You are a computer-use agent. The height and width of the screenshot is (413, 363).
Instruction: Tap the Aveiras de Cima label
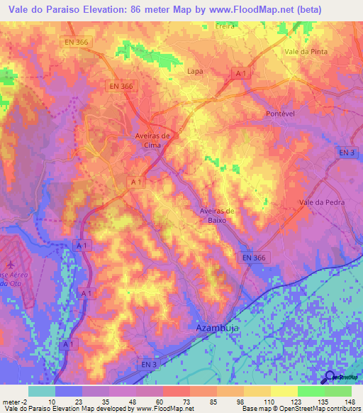[152, 140]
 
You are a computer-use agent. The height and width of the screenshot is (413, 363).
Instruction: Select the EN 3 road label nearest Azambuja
[148, 364]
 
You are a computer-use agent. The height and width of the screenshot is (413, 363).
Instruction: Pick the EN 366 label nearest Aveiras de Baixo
[252, 258]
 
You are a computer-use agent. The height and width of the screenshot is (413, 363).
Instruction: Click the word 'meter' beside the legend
[9, 401]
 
